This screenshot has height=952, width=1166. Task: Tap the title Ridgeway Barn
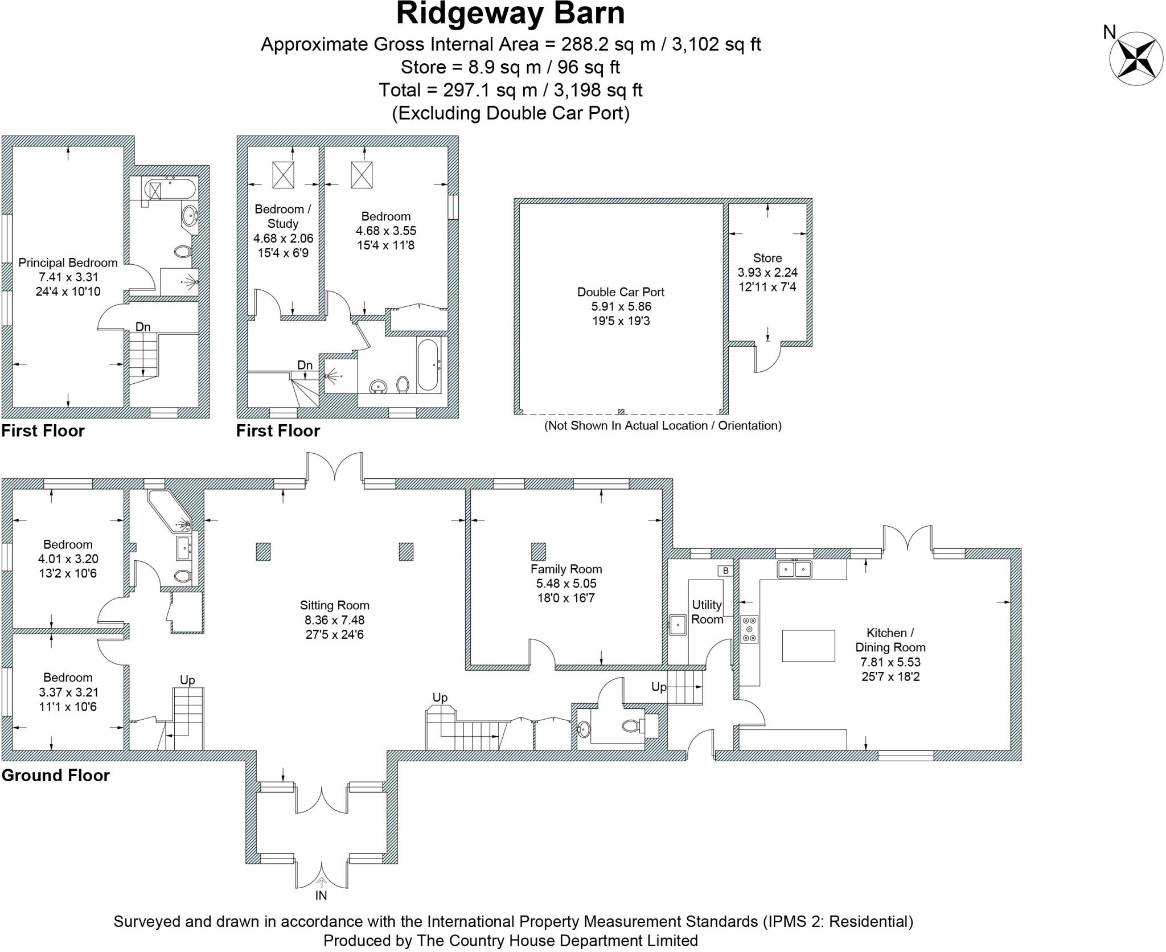(510, 14)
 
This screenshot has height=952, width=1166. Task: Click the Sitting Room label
(334, 605)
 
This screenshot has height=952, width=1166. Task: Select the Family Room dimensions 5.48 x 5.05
(566, 584)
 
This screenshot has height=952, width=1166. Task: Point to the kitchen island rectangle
(808, 645)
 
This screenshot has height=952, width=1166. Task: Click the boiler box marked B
(725, 571)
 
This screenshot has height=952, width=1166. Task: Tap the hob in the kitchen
(749, 629)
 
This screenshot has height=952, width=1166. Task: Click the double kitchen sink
(795, 569)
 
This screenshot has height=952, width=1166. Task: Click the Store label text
(767, 258)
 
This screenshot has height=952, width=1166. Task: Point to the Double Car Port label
(621, 292)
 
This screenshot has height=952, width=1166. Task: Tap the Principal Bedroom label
(68, 263)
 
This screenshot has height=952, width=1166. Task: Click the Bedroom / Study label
(282, 216)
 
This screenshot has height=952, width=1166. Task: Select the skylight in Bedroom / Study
(283, 174)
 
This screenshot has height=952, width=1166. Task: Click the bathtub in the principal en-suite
(170, 188)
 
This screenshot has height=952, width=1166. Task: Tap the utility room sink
(678, 624)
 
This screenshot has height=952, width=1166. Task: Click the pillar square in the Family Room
(538, 551)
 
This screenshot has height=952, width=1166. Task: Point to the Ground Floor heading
(55, 775)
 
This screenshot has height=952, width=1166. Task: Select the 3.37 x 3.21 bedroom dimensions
(68, 692)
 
